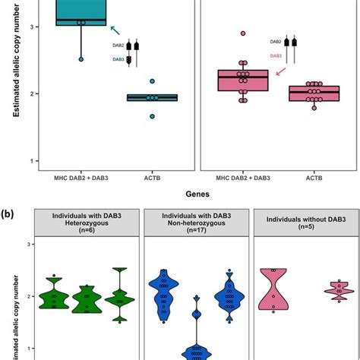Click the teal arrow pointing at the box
pyautogui.click(x=115, y=30)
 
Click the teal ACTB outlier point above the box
pyautogui.click(x=152, y=81)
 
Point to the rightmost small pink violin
pyautogui.click(x=317, y=291)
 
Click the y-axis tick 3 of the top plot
pyautogui.click(x=28, y=27)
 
